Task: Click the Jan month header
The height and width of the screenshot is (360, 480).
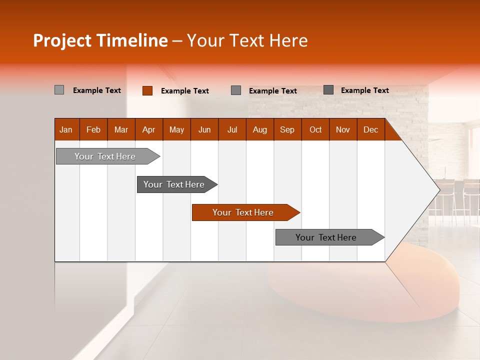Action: tap(66, 129)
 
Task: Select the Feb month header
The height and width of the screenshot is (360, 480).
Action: tap(93, 129)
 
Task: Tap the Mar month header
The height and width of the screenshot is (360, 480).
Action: tap(121, 129)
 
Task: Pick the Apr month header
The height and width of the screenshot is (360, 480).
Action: tap(149, 129)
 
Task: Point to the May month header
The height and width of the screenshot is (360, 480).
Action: tap(176, 129)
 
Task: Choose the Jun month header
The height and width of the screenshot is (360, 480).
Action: tap(204, 129)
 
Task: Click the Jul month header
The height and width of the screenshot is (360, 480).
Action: tap(232, 129)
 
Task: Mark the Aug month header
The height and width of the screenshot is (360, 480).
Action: tap(260, 129)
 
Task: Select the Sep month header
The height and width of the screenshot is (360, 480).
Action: tap(287, 129)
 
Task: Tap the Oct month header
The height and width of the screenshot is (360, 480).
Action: tap(315, 129)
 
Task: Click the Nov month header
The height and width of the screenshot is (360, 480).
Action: tap(343, 129)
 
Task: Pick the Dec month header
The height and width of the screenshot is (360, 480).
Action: tap(371, 129)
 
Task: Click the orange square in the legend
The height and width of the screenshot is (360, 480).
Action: tap(147, 90)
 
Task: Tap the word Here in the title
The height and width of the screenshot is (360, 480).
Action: tap(288, 40)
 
